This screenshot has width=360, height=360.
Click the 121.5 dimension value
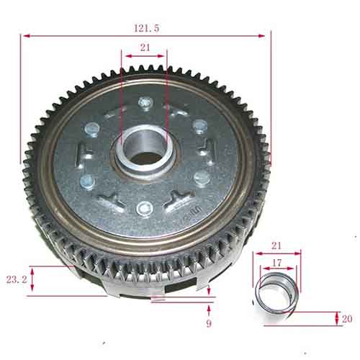(x=146, y=28)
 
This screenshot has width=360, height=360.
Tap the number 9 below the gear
(x=209, y=325)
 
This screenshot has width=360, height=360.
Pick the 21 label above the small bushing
(x=276, y=246)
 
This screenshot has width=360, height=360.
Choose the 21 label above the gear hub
(x=145, y=48)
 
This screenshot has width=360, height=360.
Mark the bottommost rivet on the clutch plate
(x=145, y=209)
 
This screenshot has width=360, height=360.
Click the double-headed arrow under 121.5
(x=145, y=34)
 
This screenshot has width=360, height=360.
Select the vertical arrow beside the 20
(x=336, y=318)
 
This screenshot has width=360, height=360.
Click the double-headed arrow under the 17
(x=276, y=269)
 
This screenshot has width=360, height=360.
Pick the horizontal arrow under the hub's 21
(x=144, y=55)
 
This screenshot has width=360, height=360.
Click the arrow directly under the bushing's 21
(x=276, y=253)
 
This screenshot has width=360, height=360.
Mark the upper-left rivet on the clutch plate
(x=92, y=130)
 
